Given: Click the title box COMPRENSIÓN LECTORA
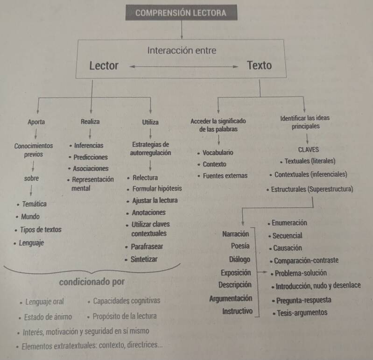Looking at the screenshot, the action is pos(181,13).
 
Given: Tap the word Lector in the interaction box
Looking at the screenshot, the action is pos(104,66).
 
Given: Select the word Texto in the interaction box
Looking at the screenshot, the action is pos(259,65).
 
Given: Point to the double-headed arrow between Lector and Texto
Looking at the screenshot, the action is pos(183,67).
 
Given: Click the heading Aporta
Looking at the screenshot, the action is pos(36,122).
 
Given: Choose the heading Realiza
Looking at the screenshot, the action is pos(90,122).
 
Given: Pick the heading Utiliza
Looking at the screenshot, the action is pos(150,122).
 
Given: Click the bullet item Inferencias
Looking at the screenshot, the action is pos(88,146).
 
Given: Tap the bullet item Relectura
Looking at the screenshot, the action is pos(145,178).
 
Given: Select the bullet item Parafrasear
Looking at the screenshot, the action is pos(148,247).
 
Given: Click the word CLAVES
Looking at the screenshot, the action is pos(308,150).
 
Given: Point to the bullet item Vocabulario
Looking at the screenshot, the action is pos(218,153).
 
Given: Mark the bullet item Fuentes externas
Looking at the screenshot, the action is pos(225,176).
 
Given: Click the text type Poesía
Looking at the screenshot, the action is pos(240,246).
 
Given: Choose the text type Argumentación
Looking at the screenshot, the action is pos(231,298).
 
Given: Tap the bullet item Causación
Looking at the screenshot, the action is pos(288,248).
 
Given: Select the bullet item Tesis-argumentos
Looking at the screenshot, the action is pos(302,313).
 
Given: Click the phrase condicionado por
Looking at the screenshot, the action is pos(92,282).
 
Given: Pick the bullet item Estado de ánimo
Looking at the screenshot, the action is pos(49,317).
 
